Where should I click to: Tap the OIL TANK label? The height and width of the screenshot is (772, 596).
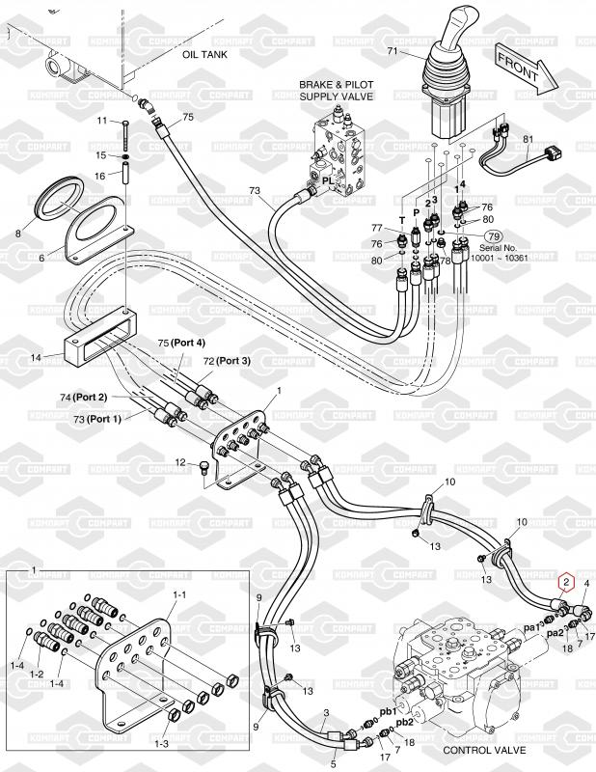coord(204,55)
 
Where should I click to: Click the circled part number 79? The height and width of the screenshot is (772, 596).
coord(494,235)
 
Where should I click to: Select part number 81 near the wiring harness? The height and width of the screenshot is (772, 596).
coord(528,140)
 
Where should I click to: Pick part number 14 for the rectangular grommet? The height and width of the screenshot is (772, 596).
coord(37,358)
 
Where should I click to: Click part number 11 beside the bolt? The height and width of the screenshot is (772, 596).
coord(100,121)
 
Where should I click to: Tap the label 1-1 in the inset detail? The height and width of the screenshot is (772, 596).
coord(179,596)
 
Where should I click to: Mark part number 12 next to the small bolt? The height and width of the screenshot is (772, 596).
coord(179,464)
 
